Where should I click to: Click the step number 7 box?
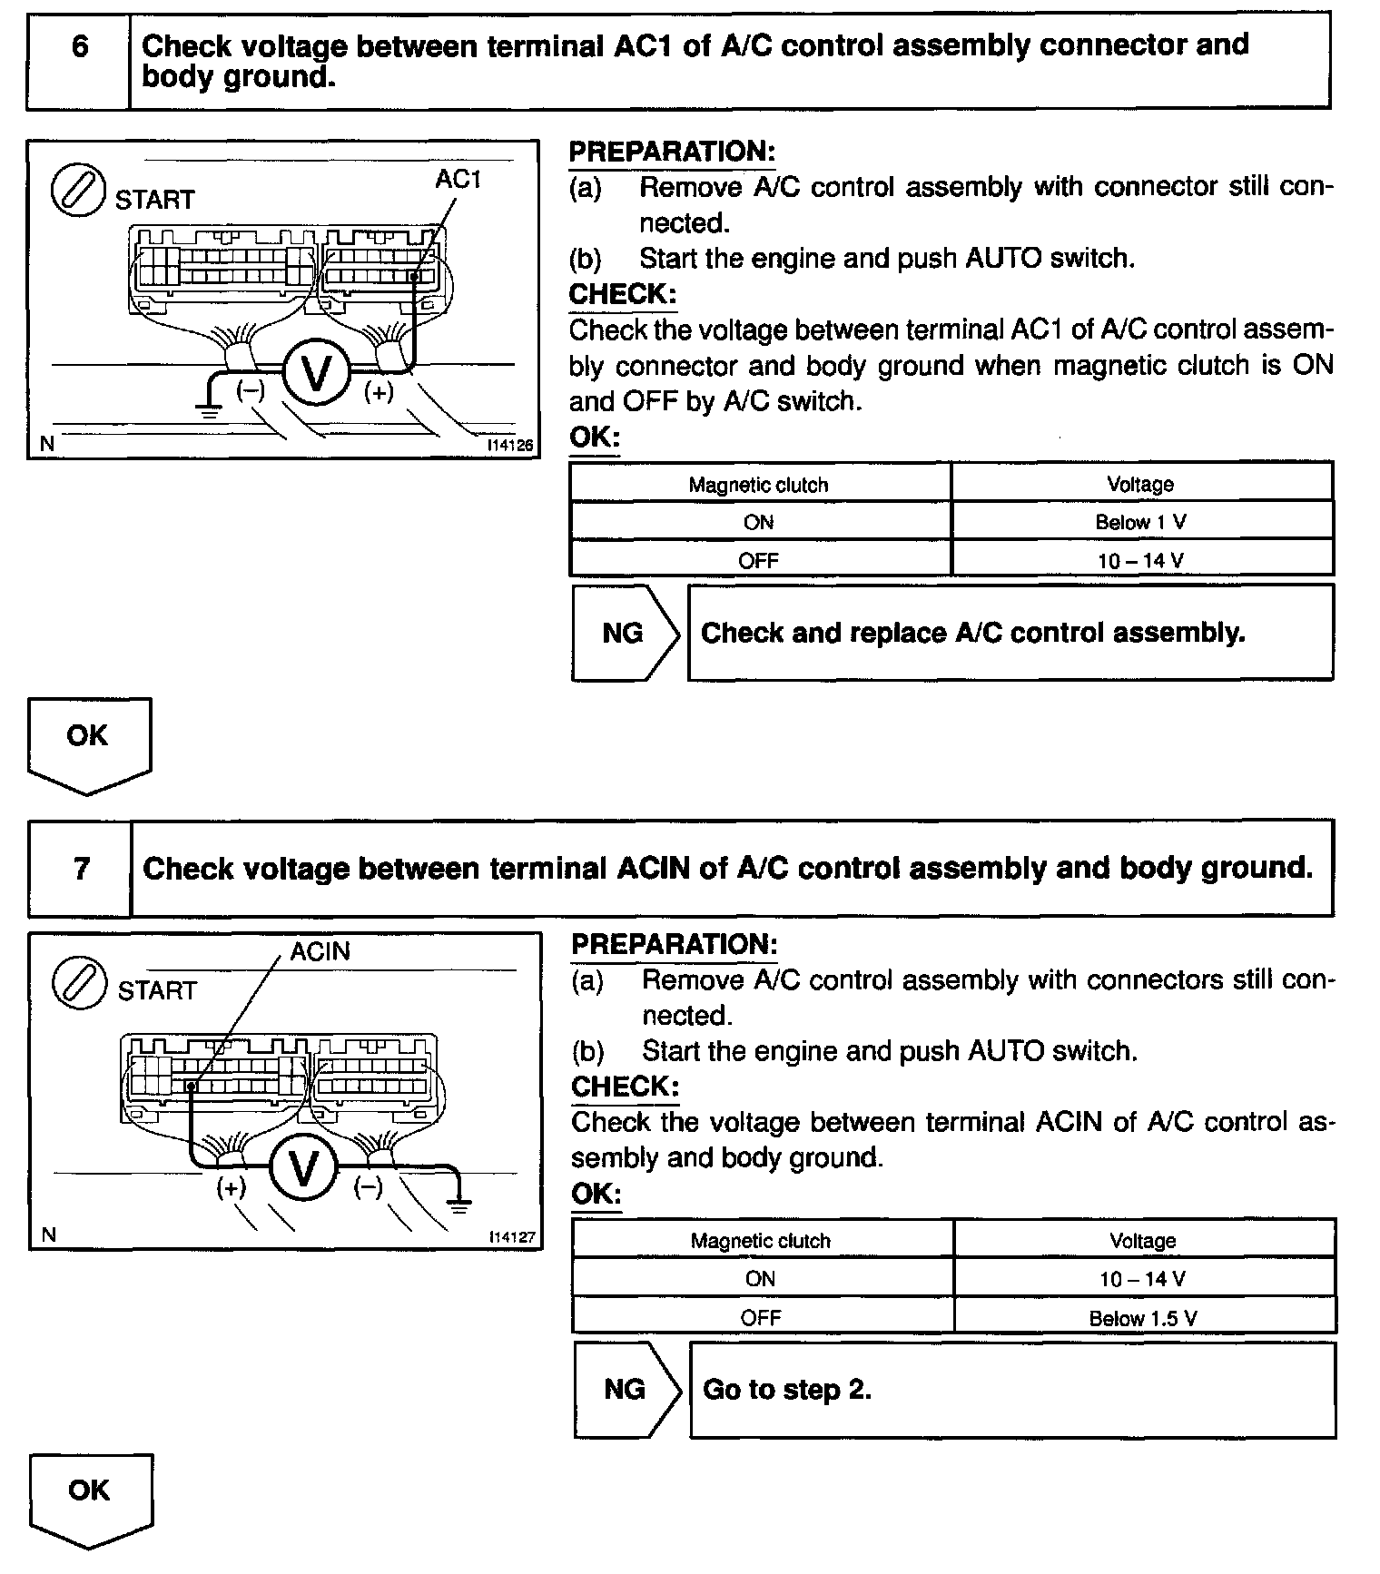(81, 869)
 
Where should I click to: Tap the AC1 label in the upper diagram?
(458, 180)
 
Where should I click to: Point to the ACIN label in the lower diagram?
(320, 951)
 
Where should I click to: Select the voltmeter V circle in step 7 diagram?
(304, 1166)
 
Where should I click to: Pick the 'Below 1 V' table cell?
(1141, 522)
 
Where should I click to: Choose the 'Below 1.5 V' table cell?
(1143, 1318)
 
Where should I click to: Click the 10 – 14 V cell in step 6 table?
(1141, 560)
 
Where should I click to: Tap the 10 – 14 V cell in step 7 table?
(1143, 1279)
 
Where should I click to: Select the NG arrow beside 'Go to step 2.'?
(626, 1390)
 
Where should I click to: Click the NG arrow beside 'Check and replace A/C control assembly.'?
(625, 633)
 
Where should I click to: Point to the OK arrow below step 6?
(88, 743)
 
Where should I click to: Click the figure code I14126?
(509, 446)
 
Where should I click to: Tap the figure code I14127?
(511, 1237)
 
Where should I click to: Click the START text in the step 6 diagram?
(154, 200)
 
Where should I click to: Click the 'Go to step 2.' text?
(787, 1391)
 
